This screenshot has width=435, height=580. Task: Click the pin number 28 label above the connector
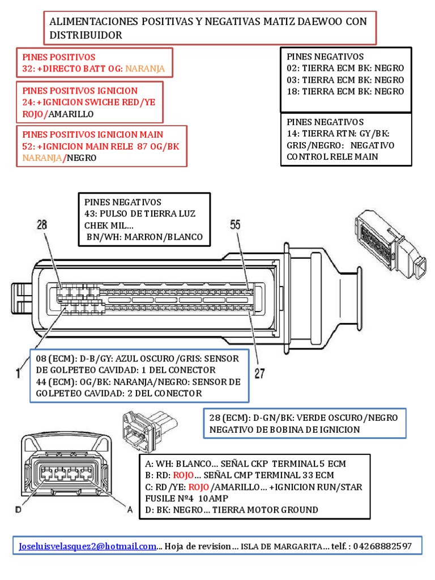click(42, 225)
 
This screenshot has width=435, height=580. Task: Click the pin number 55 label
click(235, 225)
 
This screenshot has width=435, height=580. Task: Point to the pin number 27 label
click(258, 374)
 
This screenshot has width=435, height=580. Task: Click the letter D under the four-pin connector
click(19, 510)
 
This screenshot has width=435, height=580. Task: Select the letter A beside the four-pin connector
click(130, 510)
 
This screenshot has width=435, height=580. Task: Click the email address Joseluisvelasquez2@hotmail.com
click(87, 547)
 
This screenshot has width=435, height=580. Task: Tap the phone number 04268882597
click(384, 547)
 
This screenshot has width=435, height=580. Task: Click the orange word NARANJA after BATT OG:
click(145, 69)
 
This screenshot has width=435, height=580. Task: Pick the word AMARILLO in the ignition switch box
click(70, 114)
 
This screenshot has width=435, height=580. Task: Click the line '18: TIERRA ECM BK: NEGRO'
click(346, 91)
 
